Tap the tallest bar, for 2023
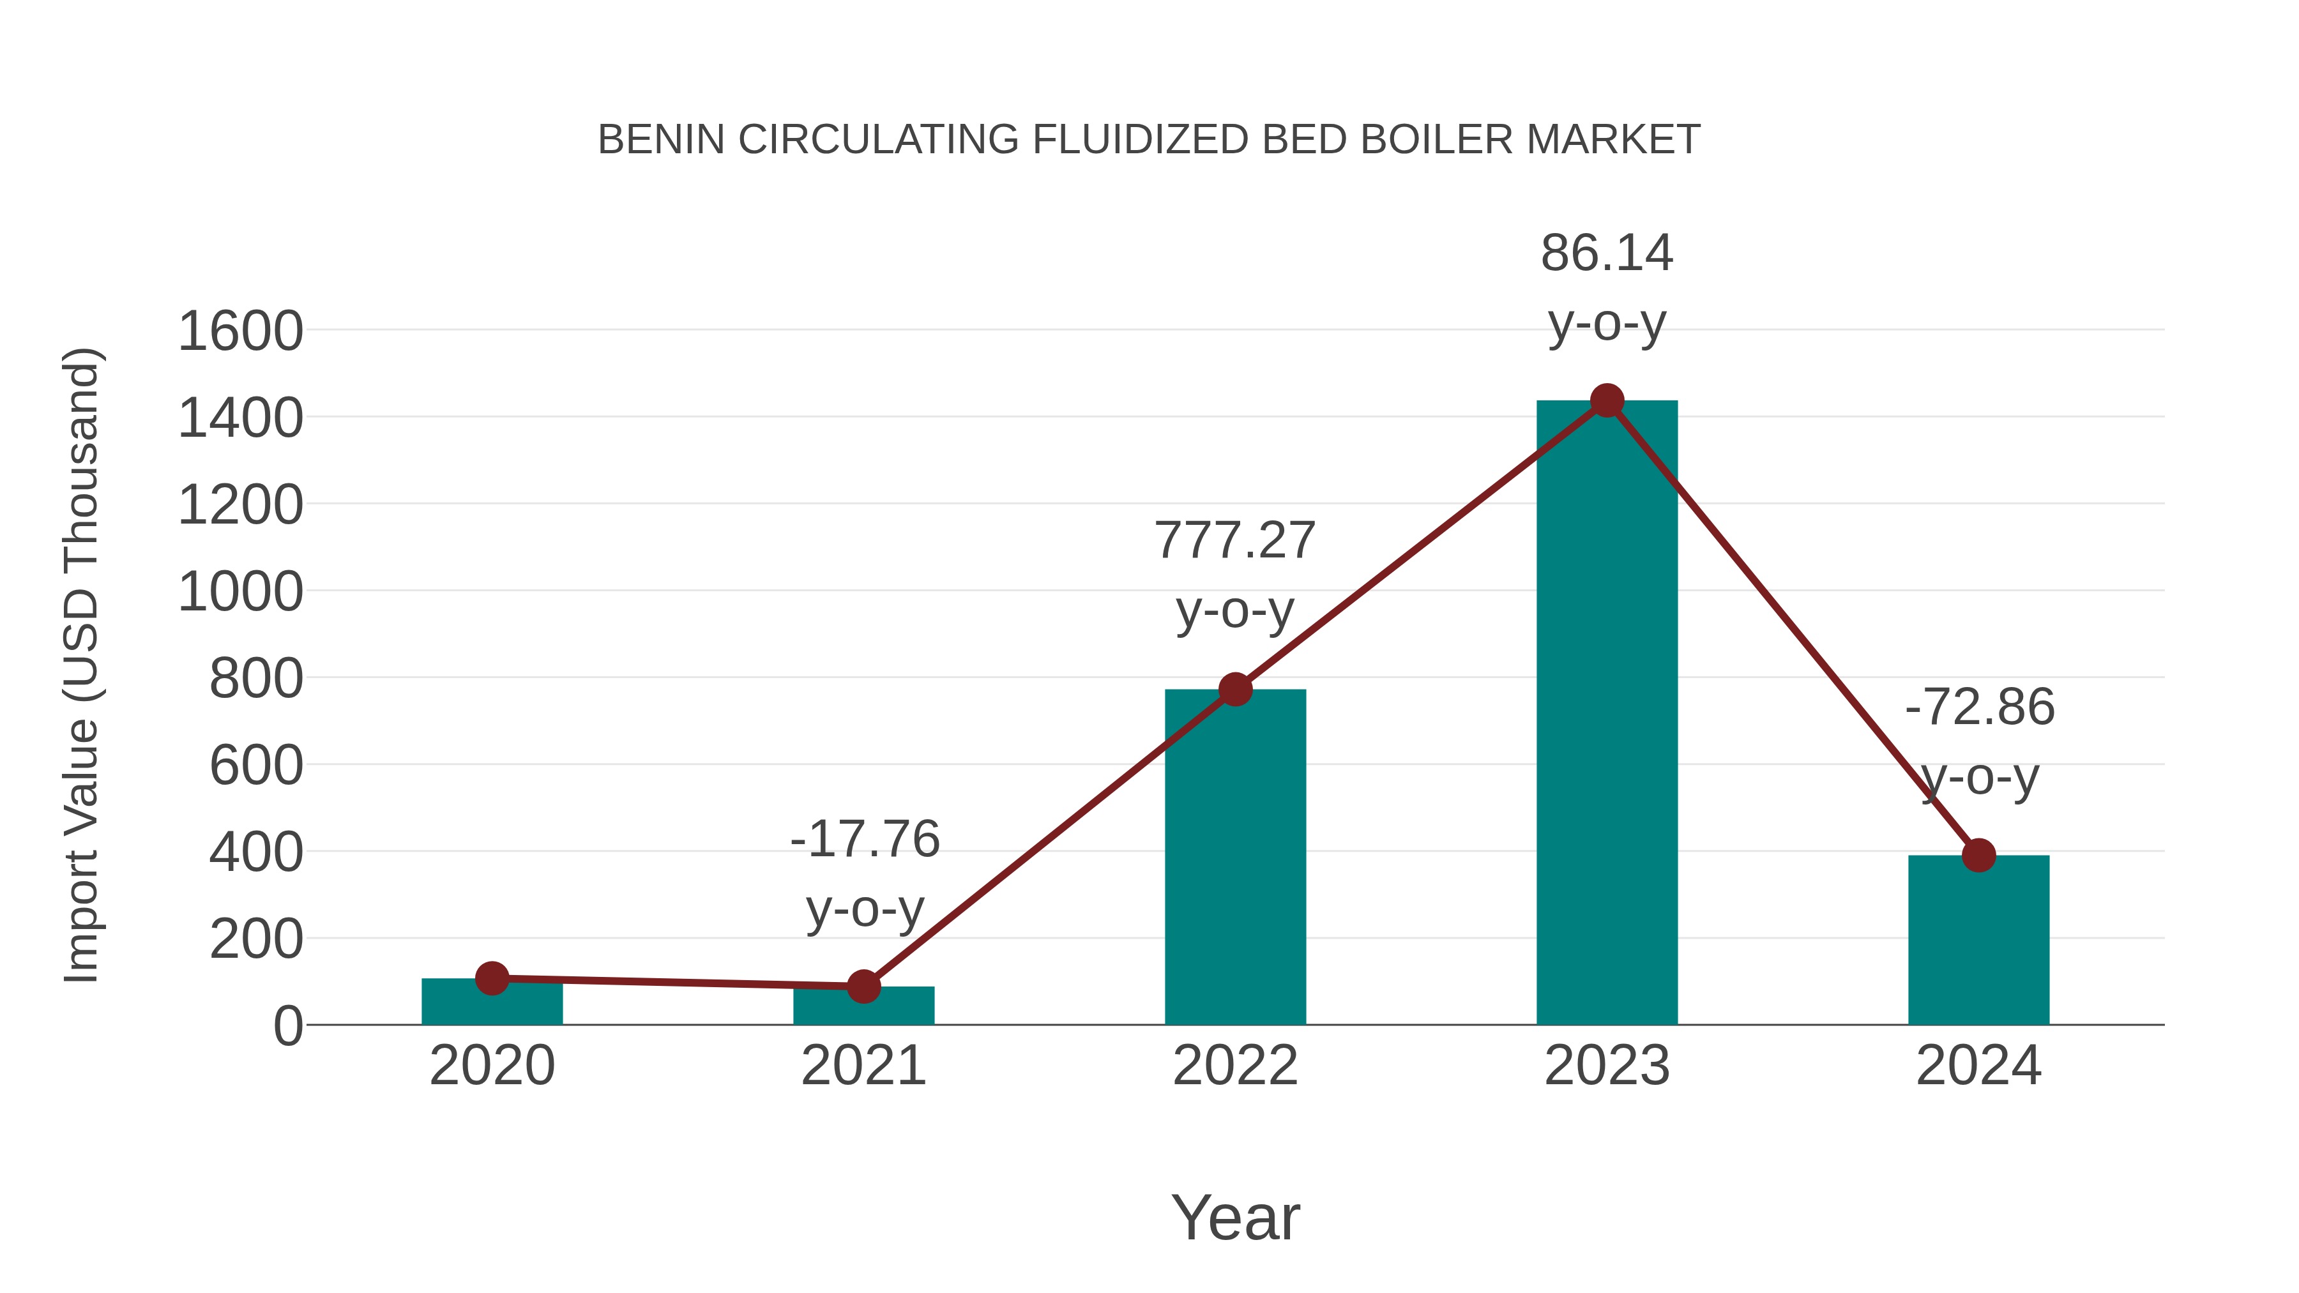pos(1607,714)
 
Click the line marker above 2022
pos(1235,689)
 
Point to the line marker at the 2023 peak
pos(1607,400)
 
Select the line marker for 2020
pos(492,978)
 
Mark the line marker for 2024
pos(1978,855)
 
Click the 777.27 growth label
pos(1235,541)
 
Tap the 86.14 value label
pos(1607,253)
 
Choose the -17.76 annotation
pos(865,840)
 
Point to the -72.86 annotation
pos(1980,707)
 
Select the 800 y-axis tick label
pos(256,679)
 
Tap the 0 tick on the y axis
pos(287,1026)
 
